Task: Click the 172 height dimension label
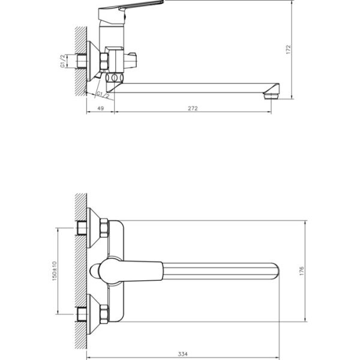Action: click(x=289, y=50)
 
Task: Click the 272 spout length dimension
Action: click(x=193, y=108)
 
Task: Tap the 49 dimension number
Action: click(x=101, y=108)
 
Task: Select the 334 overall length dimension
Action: click(x=183, y=354)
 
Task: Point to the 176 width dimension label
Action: click(x=302, y=271)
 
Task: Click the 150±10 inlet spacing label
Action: click(x=55, y=271)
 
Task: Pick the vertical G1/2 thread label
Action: click(x=63, y=61)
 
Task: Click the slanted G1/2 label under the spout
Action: click(x=103, y=95)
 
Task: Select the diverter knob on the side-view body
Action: click(x=130, y=61)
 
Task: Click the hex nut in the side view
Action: click(x=104, y=61)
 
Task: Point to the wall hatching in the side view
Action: click(x=81, y=61)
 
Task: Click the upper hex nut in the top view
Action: click(x=104, y=228)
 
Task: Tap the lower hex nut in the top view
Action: click(x=104, y=314)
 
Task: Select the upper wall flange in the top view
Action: click(x=94, y=228)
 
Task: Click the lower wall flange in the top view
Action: click(x=94, y=314)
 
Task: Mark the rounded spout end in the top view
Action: click(x=275, y=271)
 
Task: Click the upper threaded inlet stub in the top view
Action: click(x=82, y=228)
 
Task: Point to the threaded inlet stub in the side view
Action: click(x=82, y=61)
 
